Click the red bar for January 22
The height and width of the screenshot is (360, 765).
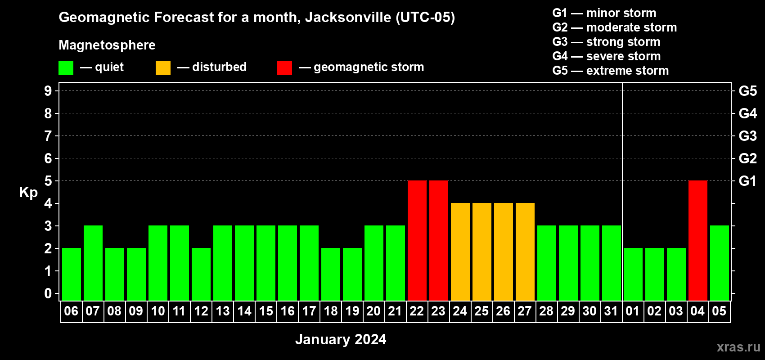coord(417,240)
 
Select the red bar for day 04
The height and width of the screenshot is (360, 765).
coord(697,240)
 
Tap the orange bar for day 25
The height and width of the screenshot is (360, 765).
coord(481,252)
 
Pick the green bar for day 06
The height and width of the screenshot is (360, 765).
coord(71,274)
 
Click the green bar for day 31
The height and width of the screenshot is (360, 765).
coord(611,263)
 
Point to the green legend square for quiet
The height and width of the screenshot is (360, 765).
coord(66,68)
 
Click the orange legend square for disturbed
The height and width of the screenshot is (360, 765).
coord(163,68)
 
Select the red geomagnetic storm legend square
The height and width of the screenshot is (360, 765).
coord(284,68)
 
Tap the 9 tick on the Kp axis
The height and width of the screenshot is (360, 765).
coord(48,91)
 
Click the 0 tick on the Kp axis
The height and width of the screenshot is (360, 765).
coord(48,293)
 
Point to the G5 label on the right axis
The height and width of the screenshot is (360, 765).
coord(747,91)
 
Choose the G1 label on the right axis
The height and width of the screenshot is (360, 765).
coord(747,181)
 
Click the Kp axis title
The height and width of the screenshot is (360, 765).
coord(28,192)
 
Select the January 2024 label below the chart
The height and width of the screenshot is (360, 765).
coord(341,339)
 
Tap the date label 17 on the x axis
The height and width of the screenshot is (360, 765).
coord(309,311)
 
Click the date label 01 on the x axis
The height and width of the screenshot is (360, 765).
coord(633,311)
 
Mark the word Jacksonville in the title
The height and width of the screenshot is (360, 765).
coord(348,17)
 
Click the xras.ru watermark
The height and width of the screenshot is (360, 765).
coord(738,347)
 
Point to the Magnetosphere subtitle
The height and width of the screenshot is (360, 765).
coord(107,45)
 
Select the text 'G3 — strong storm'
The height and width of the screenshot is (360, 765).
coord(606,42)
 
